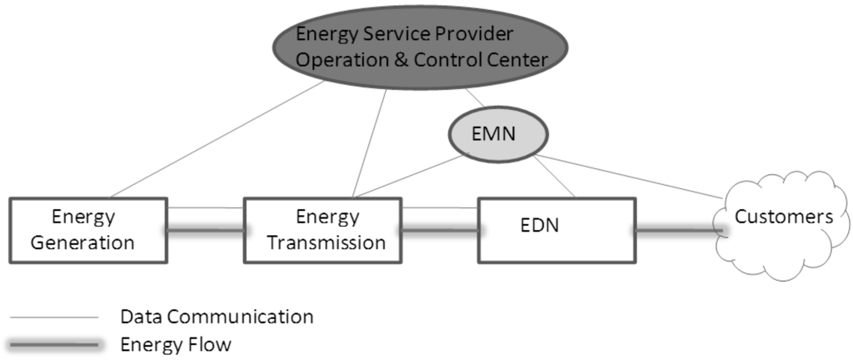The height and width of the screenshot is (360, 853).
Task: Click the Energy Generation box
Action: [x=88, y=229]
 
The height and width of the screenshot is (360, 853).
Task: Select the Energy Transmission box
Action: [x=322, y=229]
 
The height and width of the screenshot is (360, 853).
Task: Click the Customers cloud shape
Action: [x=782, y=218]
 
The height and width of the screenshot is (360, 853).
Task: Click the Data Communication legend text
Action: [x=217, y=317]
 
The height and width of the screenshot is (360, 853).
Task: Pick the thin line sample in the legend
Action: [x=55, y=317]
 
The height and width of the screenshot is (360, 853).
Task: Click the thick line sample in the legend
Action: [x=55, y=344]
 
